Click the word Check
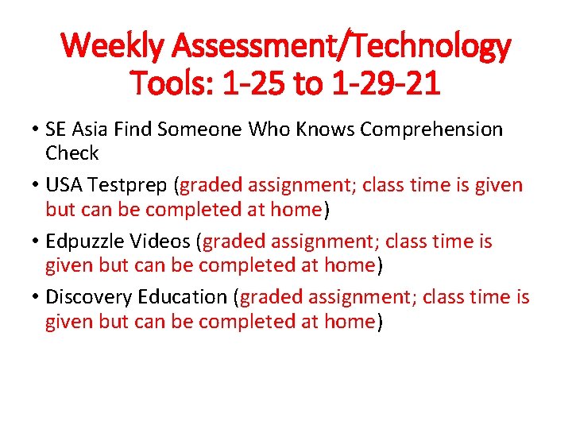coord(71,153)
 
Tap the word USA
coord(65,186)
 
